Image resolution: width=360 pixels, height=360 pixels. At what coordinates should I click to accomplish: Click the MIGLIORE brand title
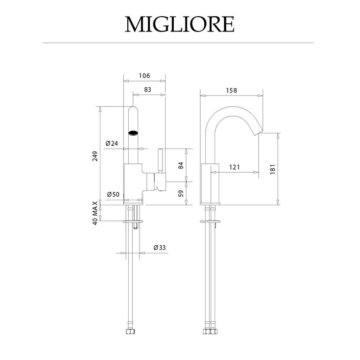click(180, 24)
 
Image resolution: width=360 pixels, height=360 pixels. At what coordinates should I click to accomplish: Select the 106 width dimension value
click(144, 76)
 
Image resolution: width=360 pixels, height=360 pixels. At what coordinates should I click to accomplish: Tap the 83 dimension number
click(148, 89)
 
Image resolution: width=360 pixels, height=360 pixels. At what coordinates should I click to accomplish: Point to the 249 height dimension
click(95, 156)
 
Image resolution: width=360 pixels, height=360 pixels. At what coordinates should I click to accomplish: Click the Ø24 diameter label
click(112, 144)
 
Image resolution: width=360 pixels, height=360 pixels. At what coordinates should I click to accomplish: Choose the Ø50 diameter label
click(113, 194)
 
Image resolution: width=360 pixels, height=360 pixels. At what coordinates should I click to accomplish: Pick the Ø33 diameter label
click(160, 247)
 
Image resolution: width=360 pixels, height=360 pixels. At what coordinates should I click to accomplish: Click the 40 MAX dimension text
click(95, 213)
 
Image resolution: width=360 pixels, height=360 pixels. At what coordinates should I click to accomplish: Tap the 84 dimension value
click(181, 165)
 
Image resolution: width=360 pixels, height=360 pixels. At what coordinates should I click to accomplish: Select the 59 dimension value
click(181, 193)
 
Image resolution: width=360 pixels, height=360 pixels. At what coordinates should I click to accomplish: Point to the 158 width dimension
click(231, 90)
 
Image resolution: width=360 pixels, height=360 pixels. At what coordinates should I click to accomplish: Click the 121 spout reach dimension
click(234, 167)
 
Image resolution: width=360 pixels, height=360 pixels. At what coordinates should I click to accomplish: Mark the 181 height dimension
click(273, 169)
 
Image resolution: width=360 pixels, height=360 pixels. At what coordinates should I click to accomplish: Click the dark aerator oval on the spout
click(133, 133)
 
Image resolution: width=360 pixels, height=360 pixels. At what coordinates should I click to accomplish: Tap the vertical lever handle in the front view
click(160, 161)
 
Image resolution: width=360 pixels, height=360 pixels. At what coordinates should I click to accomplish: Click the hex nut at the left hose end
click(130, 331)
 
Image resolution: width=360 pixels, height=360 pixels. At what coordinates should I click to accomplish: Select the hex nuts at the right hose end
click(211, 331)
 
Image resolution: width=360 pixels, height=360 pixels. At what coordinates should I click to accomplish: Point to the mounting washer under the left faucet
click(133, 221)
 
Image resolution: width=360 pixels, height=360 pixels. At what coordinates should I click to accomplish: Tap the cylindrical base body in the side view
click(210, 184)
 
